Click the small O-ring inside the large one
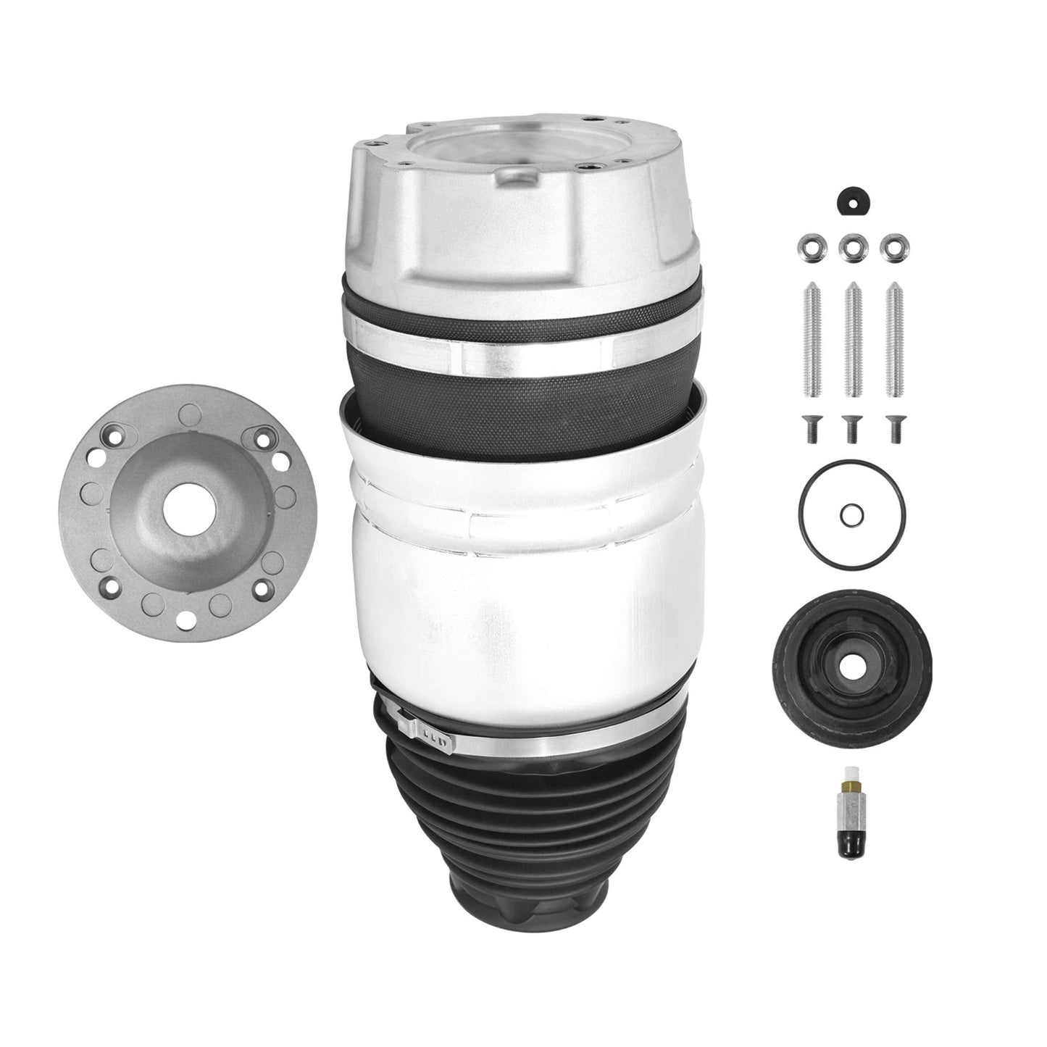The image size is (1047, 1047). coord(852,515)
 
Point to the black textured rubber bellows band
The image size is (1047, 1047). coord(522,391)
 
